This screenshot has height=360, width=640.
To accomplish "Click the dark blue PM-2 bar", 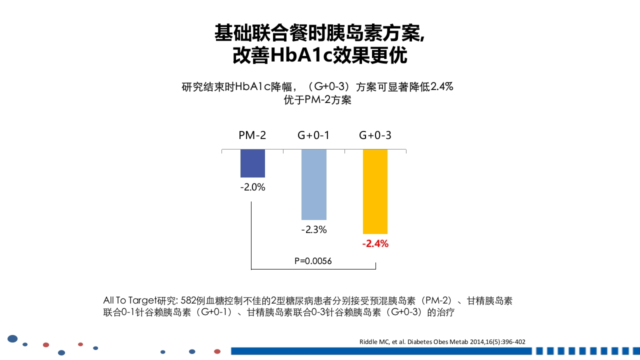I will [x=252, y=163].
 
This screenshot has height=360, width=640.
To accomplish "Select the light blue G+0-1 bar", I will [x=314, y=184].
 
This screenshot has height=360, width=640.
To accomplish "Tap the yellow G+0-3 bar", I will [x=375, y=191].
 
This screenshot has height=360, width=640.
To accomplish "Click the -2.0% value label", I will [x=252, y=188].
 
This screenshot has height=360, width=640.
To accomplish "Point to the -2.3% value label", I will [x=314, y=230].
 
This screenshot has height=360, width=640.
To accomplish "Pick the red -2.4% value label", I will [x=375, y=244].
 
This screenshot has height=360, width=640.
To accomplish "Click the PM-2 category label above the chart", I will [x=252, y=135].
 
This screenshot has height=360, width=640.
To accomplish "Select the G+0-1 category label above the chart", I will [x=313, y=135].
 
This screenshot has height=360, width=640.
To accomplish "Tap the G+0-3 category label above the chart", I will [x=375, y=135].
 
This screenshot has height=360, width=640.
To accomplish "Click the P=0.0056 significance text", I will [x=313, y=261].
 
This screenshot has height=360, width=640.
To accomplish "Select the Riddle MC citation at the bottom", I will [x=442, y=342].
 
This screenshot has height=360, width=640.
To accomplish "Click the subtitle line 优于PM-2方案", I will [x=317, y=100].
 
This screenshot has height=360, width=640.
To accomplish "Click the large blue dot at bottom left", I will [x=13, y=339].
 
